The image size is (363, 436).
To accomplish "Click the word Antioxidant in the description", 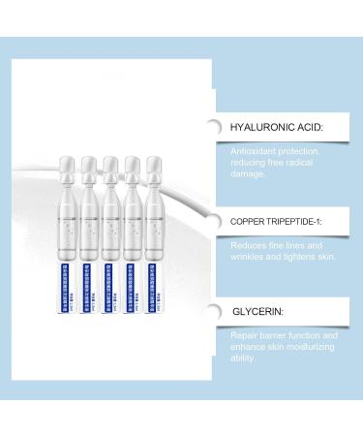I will coord(255,152).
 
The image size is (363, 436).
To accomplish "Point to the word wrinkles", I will coord(252,258).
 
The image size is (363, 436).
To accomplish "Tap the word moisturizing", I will coord(315,346).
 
